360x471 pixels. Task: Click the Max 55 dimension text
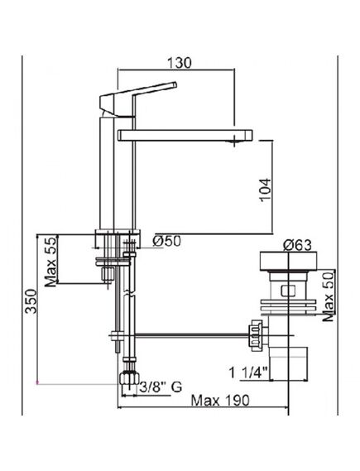click(x=50, y=260)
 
